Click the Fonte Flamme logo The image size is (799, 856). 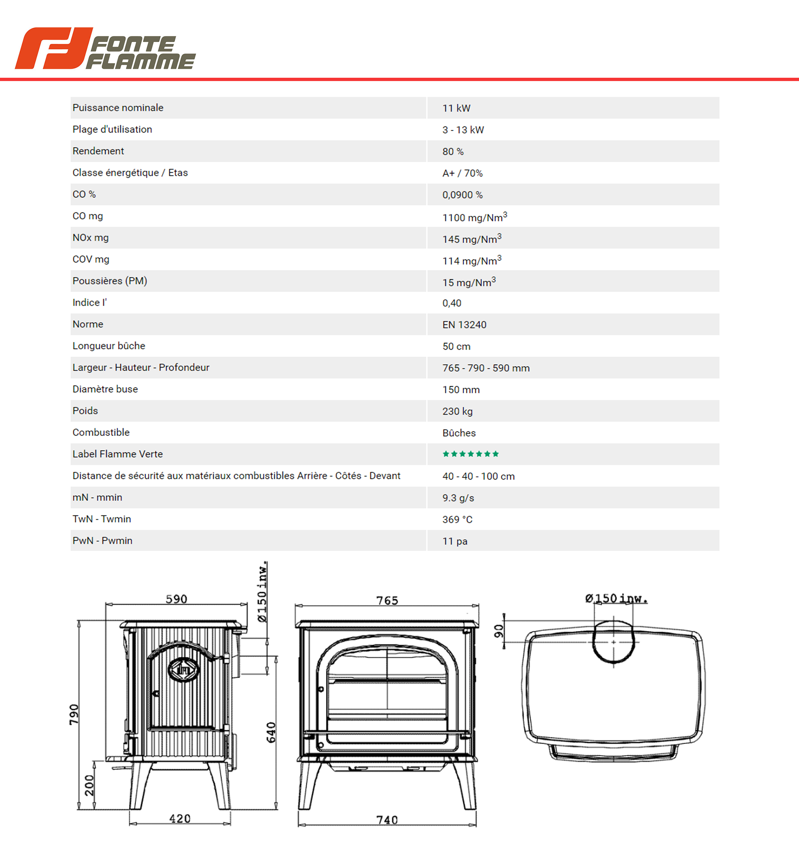point(105,48)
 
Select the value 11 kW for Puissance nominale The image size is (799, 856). point(456,108)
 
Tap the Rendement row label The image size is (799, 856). point(98,151)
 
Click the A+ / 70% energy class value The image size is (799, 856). point(462,173)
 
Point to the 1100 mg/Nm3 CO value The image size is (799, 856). point(474,217)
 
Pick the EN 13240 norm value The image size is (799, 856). point(464,325)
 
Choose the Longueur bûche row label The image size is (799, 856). point(109,346)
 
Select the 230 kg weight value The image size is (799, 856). point(457,411)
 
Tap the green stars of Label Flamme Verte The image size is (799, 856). point(471,454)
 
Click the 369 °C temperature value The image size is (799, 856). point(457,520)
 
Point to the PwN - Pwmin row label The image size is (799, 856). point(102,541)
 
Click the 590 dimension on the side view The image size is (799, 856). point(177,599)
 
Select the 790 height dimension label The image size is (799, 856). point(74,715)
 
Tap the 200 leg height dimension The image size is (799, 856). point(89,785)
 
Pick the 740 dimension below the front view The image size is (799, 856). point(387,820)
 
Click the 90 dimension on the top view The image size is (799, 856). point(498,631)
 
